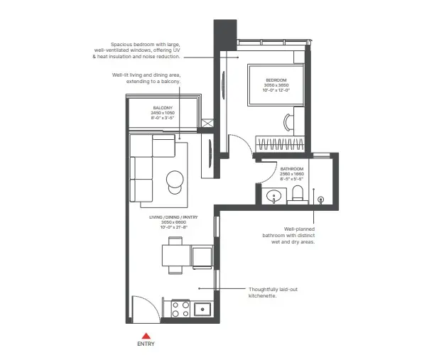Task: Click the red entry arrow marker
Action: [146, 334]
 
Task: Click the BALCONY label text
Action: [162, 107]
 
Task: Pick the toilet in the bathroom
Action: [297, 195]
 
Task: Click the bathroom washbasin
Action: [273, 196]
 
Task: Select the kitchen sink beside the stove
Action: [202, 309]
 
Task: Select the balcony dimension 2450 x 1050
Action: [162, 113]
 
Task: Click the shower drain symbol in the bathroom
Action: [320, 200]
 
